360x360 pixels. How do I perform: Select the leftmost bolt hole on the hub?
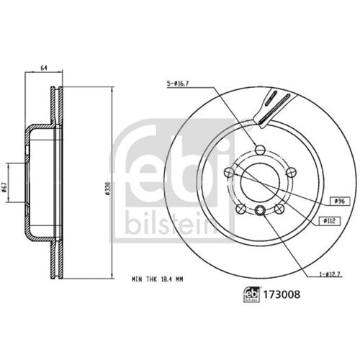pos(228,173)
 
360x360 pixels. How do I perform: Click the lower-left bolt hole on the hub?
pos(239,208)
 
